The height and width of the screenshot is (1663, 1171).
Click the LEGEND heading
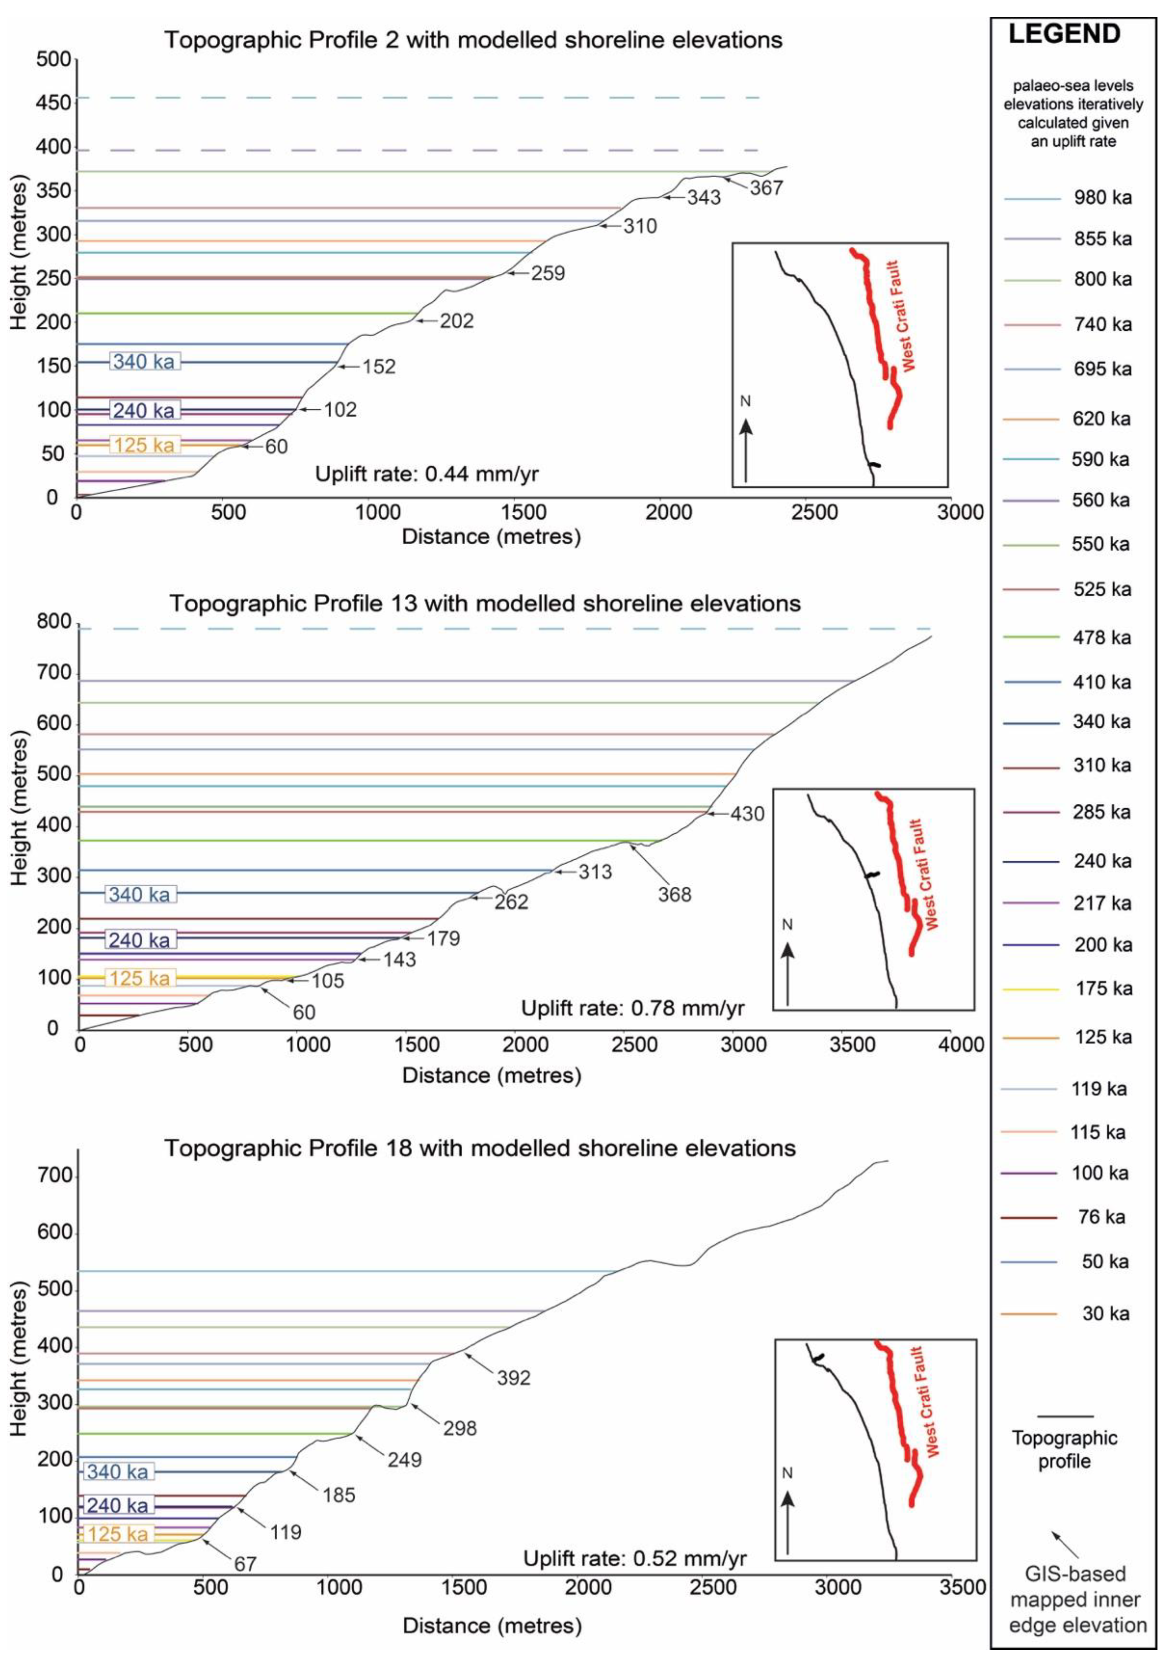[x=1065, y=34]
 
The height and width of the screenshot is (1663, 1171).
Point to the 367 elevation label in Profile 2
[x=766, y=188]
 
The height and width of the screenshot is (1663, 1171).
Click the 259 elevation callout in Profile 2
[x=547, y=274]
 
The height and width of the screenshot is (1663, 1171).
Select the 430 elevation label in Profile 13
[x=747, y=814]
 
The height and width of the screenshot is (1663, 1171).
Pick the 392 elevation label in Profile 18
[x=514, y=1378]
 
